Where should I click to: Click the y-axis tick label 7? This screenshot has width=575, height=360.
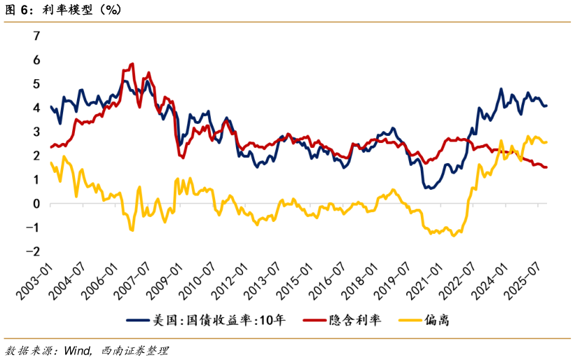click(36, 36)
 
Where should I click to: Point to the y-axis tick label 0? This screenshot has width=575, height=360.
click(36, 203)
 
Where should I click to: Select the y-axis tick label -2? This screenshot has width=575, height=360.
click(34, 251)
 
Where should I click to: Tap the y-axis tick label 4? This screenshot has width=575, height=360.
click(36, 108)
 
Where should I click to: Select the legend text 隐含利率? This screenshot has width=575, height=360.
click(355, 321)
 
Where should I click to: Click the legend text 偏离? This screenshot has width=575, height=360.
click(436, 321)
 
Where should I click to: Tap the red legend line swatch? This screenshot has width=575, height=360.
click(315, 321)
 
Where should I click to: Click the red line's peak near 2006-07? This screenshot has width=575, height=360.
click(132, 64)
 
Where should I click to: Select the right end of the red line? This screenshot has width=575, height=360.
click(546, 167)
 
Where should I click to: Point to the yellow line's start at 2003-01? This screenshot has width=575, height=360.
click(50, 162)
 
